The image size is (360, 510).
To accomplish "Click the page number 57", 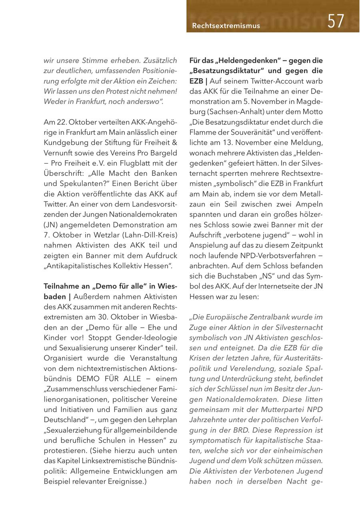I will click(336, 21).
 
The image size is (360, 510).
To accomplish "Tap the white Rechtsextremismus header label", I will click(226, 26).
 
